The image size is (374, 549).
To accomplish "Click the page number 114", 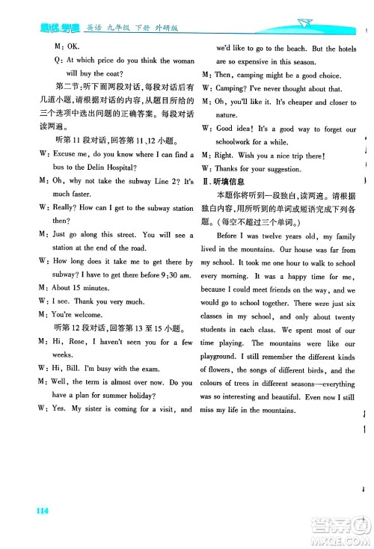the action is (41, 511).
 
